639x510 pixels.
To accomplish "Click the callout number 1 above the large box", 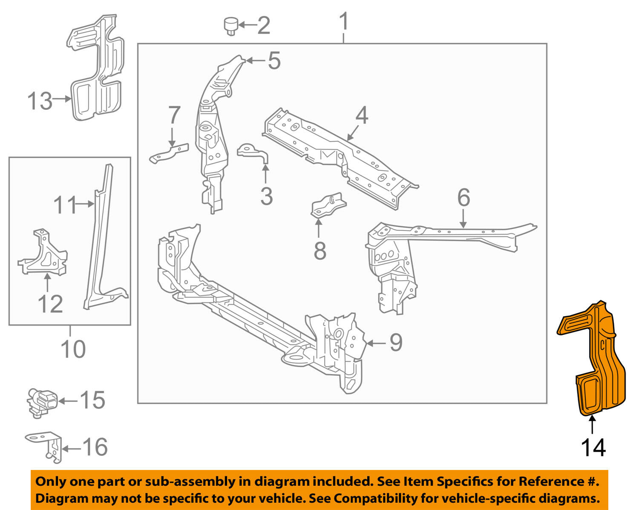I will point(344,22).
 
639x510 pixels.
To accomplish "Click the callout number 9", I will point(396,342).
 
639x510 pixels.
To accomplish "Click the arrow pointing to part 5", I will point(256,61).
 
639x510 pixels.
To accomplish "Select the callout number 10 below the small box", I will point(73,349).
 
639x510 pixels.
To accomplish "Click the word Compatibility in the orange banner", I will point(370,498).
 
